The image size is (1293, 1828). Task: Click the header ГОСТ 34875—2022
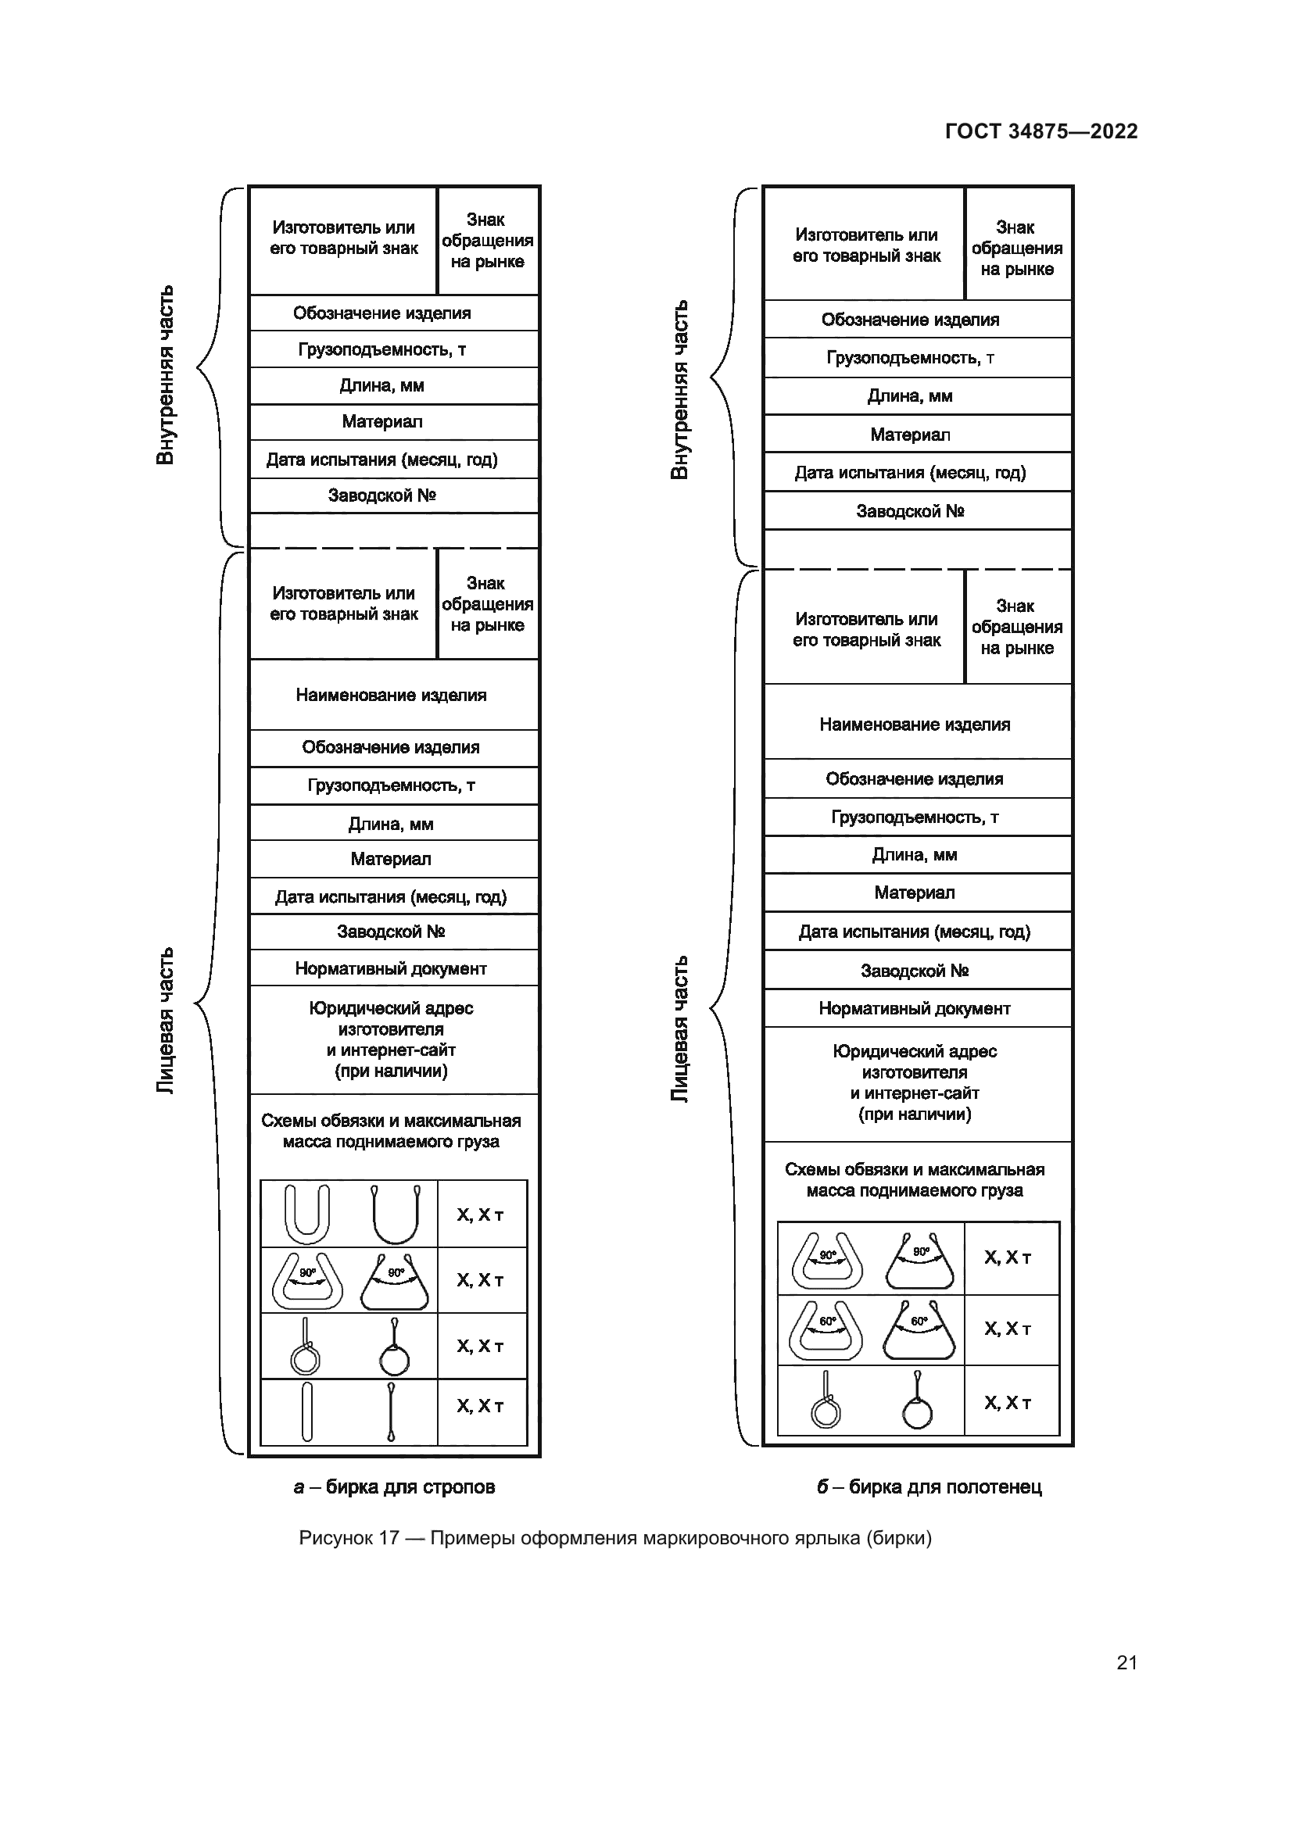[x=1040, y=131]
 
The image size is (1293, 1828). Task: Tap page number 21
[x=1126, y=1662]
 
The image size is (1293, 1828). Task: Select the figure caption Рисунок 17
[x=614, y=1537]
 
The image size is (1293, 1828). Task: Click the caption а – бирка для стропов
[x=394, y=1486]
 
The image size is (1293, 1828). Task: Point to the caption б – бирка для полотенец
[x=929, y=1486]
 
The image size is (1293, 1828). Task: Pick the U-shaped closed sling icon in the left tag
[x=306, y=1214]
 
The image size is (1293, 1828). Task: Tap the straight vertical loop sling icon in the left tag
[x=306, y=1411]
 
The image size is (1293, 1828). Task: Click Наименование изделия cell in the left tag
[x=391, y=695]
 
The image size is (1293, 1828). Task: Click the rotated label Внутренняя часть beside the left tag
[x=165, y=374]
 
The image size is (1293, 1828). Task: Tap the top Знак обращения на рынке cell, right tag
[x=1017, y=248]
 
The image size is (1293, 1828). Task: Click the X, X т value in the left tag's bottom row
[x=480, y=1406]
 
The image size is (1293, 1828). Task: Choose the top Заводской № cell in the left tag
[x=382, y=495]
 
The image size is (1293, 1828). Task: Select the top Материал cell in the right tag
[x=910, y=435]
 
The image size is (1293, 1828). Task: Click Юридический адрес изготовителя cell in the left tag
[x=391, y=1039]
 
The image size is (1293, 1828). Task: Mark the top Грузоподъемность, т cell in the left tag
[x=382, y=349]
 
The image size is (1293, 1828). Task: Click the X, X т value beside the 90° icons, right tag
[x=1008, y=1258]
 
